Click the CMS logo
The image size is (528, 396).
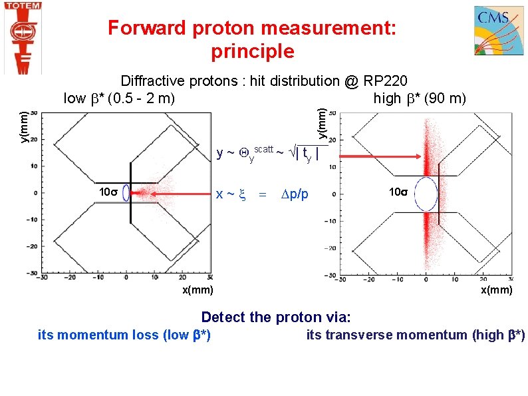point(498,31)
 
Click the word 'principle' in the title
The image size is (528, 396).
point(252,51)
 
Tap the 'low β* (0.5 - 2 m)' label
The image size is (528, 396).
point(119,99)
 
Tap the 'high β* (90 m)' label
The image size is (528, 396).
point(420,99)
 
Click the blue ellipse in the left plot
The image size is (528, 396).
point(131,194)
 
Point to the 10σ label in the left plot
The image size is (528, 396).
point(108,192)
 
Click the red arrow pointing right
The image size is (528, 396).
point(379,156)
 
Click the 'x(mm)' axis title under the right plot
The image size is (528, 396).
point(497,290)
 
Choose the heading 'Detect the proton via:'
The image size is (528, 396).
point(276,317)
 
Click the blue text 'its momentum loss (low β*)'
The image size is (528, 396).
point(124,335)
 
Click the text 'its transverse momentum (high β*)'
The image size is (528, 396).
point(416,335)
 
